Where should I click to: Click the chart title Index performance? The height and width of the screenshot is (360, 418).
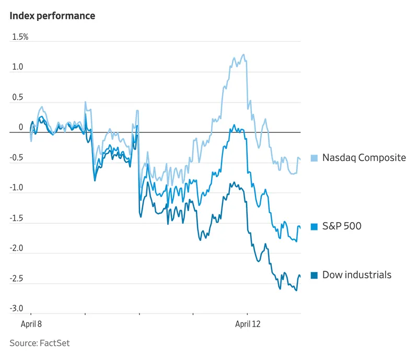52,16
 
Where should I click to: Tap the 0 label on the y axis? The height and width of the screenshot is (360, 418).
21,127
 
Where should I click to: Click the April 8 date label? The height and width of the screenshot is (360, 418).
31,324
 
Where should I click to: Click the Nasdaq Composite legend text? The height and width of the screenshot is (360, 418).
364,157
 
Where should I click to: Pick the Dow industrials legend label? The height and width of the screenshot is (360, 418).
356,275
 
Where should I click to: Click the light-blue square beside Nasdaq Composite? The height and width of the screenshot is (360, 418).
315,158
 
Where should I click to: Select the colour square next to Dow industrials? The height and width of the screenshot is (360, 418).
315,275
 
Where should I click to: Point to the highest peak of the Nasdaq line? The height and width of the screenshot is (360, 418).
243,54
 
